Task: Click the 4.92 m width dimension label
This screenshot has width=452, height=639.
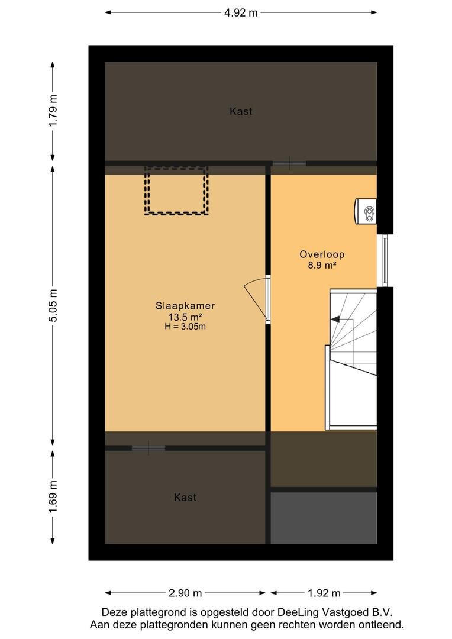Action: coord(241,12)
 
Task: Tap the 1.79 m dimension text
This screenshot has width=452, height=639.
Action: coord(53,111)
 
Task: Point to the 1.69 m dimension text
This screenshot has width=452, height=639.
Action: coord(53,497)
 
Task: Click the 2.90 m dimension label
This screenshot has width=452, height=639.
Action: coord(185,593)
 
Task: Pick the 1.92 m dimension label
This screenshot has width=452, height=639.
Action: coord(324,593)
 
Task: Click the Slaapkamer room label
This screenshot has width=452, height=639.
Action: coord(185,306)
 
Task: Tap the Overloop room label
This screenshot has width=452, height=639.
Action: coord(322,254)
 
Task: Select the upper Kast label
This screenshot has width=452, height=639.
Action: coord(241,111)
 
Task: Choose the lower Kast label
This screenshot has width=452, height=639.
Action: coord(185,497)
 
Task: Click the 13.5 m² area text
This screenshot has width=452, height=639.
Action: coord(185,317)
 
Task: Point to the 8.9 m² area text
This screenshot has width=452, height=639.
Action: coord(322,265)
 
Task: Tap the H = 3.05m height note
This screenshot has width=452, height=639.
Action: coord(185,326)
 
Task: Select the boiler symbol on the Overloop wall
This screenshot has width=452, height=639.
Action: coord(365,211)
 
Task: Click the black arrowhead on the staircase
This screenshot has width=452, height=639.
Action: coord(335,319)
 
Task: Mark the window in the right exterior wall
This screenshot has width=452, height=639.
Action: coord(385,261)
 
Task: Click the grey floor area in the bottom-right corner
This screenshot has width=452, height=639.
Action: coord(324,518)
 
